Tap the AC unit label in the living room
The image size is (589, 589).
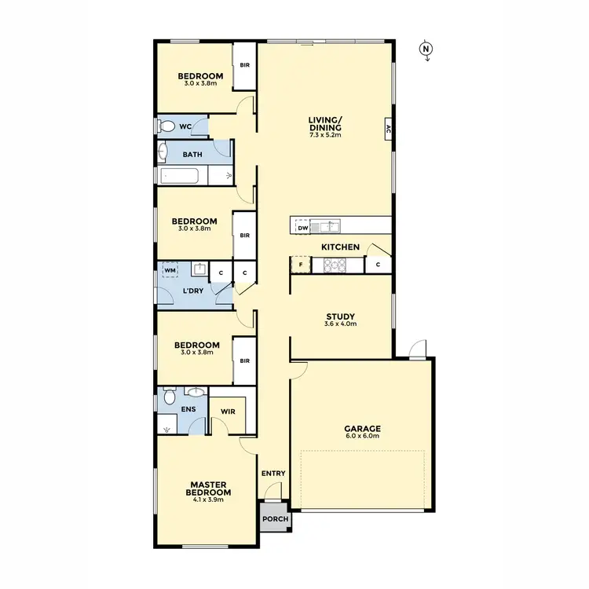tap(388, 129)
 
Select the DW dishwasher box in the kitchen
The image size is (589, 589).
tap(302, 227)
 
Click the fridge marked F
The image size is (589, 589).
tap(301, 265)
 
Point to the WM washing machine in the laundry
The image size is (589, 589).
tap(169, 271)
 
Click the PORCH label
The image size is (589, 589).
tap(275, 519)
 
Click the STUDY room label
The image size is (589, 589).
tap(341, 316)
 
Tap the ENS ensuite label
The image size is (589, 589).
tap(189, 409)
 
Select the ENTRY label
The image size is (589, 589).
tap(273, 474)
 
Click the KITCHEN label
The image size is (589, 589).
tap(340, 247)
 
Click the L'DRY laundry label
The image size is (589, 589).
tap(193, 291)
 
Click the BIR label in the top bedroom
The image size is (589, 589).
tap(245, 65)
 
